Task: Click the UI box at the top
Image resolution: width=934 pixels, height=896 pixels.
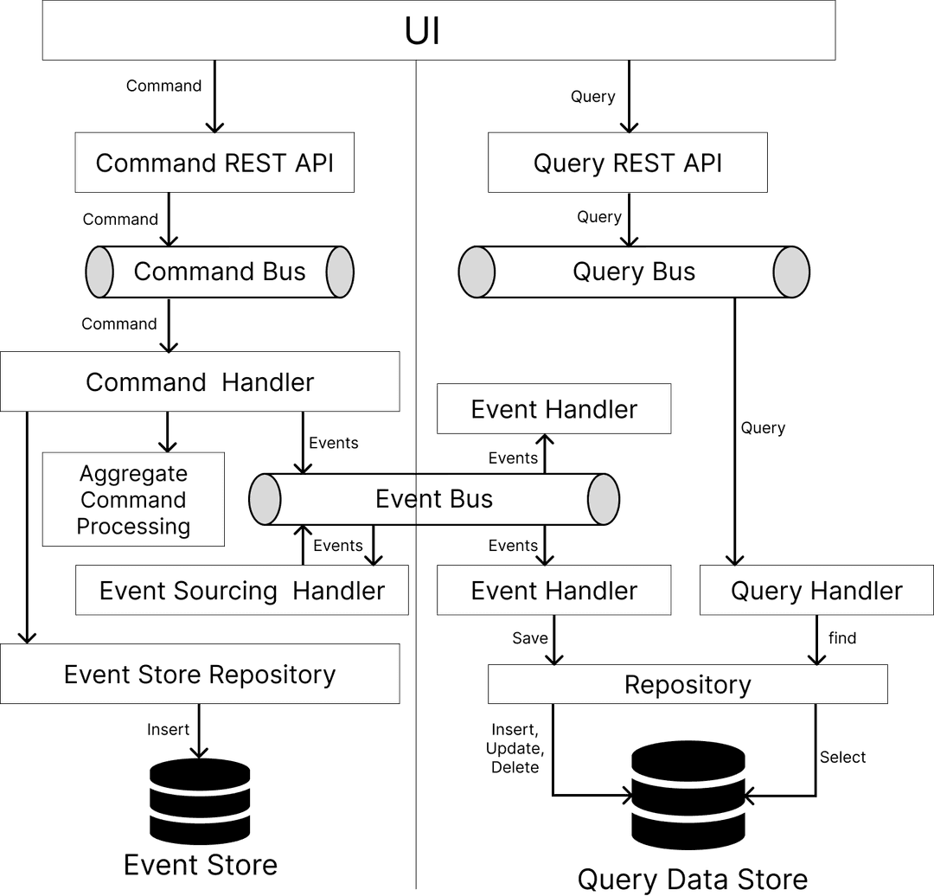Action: point(438,31)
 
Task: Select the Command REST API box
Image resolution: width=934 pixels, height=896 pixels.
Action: point(214,163)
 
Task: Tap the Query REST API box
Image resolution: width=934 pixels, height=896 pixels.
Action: point(627,163)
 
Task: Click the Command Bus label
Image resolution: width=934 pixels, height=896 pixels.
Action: point(220,272)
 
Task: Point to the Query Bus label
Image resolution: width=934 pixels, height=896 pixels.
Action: point(634,272)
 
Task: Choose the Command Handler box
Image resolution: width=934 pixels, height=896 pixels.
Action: point(200,381)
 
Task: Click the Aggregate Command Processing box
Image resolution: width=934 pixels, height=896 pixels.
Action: point(133,499)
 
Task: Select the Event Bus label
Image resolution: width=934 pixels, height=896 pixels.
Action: point(434,499)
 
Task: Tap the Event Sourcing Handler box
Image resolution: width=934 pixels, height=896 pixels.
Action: point(242,591)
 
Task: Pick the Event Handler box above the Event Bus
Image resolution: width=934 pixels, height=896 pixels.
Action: point(554,409)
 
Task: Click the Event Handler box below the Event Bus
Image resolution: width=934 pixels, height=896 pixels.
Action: point(554,591)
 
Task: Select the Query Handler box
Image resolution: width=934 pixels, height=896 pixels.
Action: point(816,591)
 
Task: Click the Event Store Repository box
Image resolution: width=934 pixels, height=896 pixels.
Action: point(200,674)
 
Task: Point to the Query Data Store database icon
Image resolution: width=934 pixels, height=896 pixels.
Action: point(688,796)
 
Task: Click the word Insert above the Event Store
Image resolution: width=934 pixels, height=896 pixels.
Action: point(167,730)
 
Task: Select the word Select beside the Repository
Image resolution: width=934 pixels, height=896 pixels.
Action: point(842,757)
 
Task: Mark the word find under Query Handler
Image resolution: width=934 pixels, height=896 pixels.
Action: point(842,638)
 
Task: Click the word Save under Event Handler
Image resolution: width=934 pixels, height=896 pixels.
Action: point(529,638)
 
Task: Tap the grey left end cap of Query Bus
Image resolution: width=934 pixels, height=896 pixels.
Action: point(477,272)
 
